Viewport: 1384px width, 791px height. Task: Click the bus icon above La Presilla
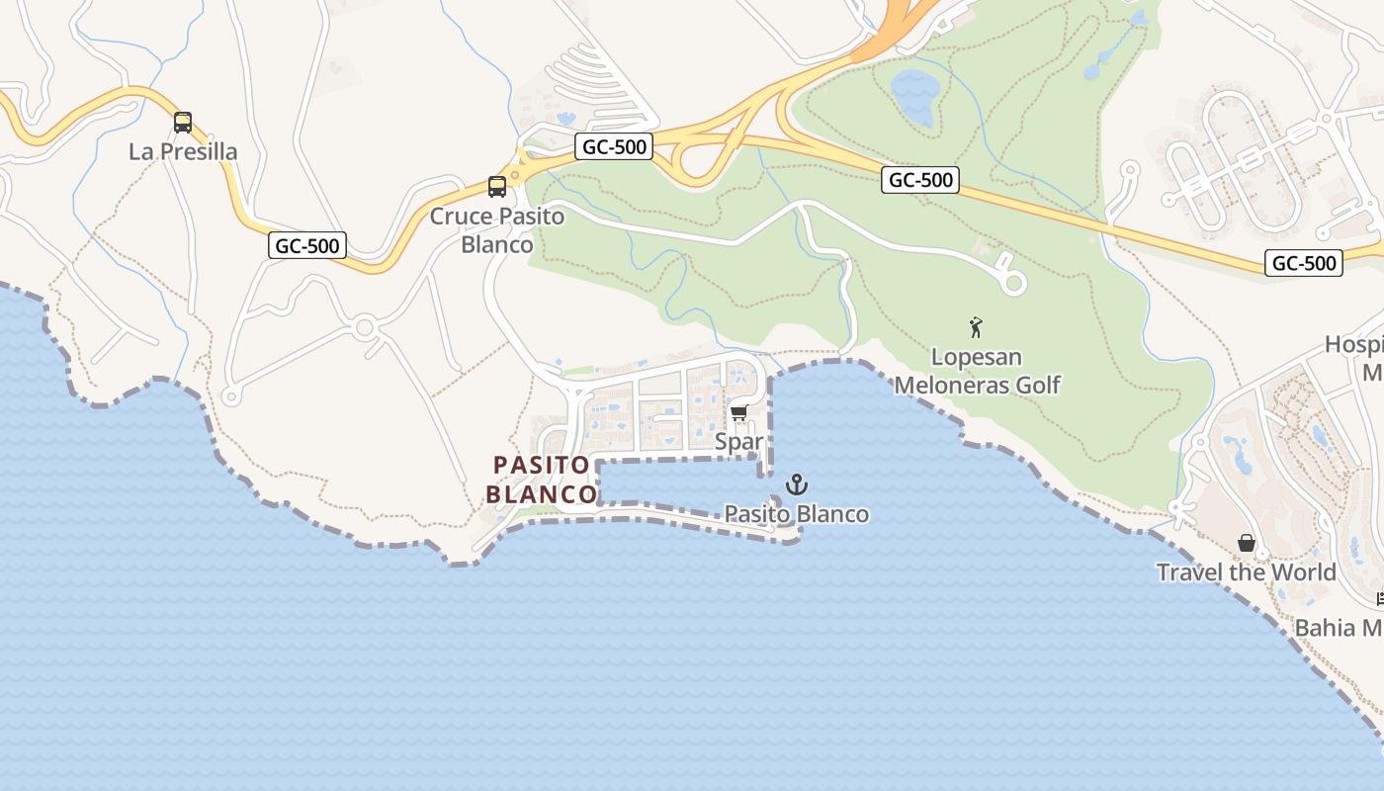[183, 123]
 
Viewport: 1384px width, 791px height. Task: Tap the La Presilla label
[183, 151]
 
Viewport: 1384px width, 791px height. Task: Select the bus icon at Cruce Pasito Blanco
[497, 186]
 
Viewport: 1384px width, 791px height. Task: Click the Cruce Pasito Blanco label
[497, 230]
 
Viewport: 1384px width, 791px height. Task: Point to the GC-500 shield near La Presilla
[307, 245]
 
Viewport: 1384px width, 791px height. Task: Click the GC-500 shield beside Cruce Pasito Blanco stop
[613, 147]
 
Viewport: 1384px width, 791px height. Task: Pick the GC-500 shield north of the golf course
[921, 179]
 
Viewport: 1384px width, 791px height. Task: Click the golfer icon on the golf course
[977, 326]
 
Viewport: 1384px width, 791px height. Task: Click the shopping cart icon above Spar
[739, 413]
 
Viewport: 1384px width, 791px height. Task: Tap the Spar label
[739, 441]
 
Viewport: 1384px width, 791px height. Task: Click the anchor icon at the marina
[796, 484]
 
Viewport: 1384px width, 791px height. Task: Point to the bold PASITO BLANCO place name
[542, 479]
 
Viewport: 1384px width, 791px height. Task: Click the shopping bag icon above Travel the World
[1247, 543]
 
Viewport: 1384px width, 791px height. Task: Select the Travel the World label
[1247, 571]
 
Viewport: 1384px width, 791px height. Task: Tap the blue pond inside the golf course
[914, 96]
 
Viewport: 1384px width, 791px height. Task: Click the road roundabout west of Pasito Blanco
[365, 326]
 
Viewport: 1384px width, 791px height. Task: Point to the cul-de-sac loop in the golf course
[1012, 283]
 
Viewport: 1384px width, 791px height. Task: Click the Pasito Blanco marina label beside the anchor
[797, 514]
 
